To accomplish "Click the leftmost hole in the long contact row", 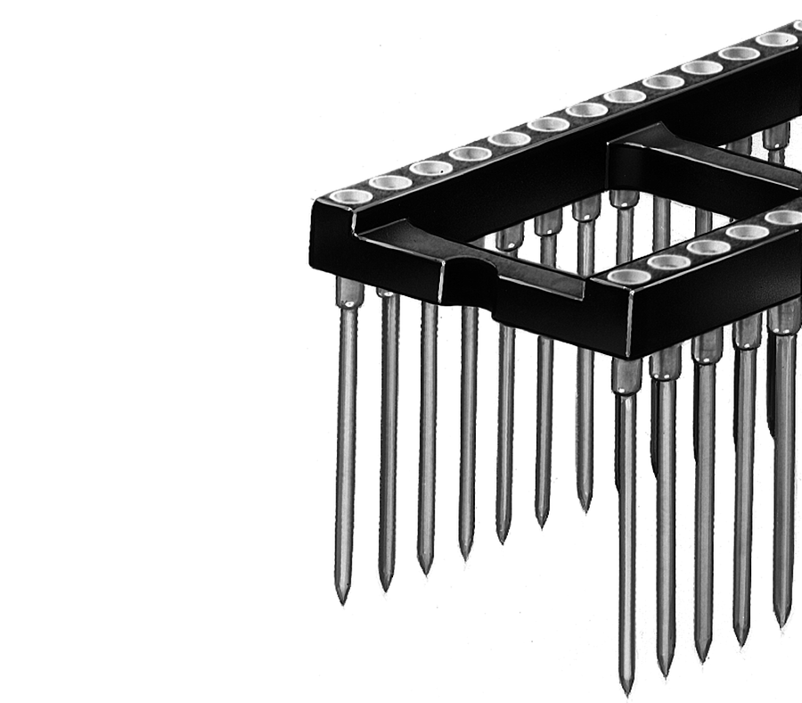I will point(350,196).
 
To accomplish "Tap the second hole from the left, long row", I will point(390,182).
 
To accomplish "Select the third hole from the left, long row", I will point(430,168).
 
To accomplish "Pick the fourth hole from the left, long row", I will point(470,153).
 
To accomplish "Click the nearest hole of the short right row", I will point(629,277).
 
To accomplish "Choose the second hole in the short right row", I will point(669,261).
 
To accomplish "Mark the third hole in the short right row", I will point(708,246).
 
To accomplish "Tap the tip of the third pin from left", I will point(426,571).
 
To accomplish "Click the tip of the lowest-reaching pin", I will point(626,691).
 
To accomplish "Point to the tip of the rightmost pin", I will point(782,624).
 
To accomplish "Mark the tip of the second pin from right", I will point(741,642).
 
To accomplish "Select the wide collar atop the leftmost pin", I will point(348,293).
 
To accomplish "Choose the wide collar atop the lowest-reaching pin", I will point(626,376).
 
